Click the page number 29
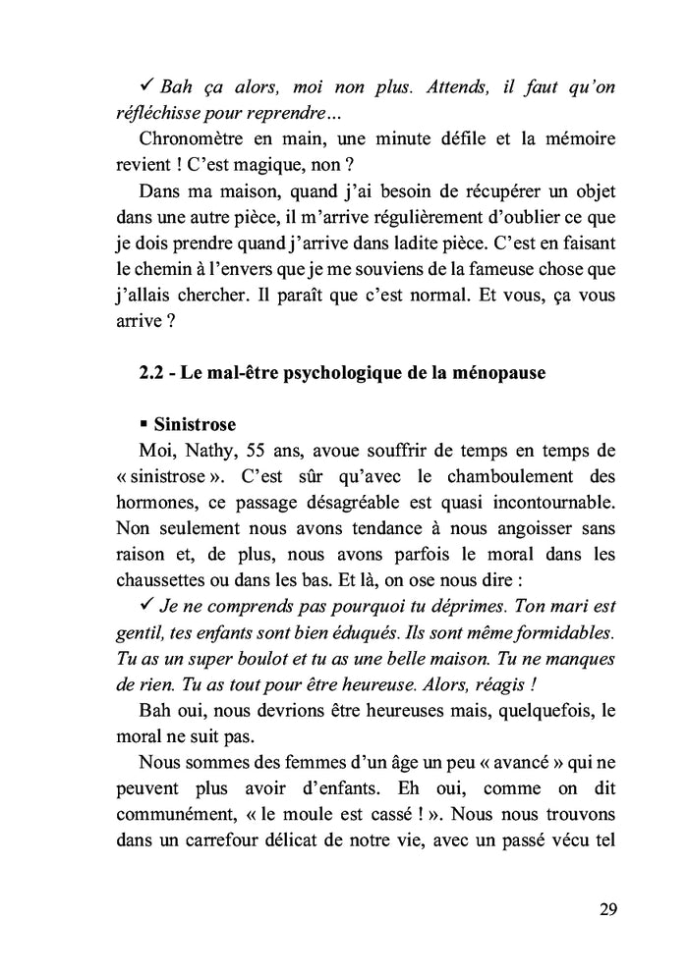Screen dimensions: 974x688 [606, 908]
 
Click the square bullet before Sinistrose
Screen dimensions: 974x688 [143, 425]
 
